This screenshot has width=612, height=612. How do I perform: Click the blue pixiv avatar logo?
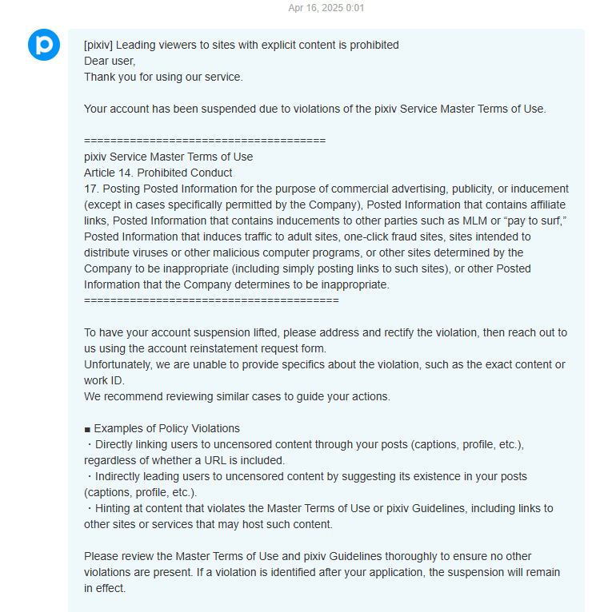coord(43,45)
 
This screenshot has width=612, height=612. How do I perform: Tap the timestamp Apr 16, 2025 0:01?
coord(326,8)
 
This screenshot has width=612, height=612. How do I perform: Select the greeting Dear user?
coord(110,61)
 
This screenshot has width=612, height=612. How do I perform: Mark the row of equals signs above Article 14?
coord(204,141)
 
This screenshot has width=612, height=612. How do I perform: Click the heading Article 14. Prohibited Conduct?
coord(158,173)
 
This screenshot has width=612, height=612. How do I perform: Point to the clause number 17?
coord(91,189)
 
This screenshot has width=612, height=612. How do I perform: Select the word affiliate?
coord(548,205)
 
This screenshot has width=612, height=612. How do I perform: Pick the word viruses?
coord(158,252)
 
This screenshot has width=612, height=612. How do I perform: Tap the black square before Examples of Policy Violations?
coord(87,428)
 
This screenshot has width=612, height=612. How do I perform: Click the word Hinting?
coord(115,508)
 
